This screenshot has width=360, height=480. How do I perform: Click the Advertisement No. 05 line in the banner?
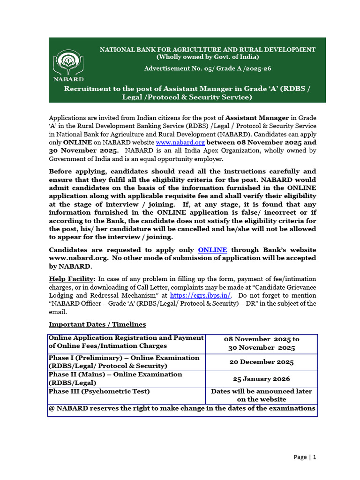click(207, 68)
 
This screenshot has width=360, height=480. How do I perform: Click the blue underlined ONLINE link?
click(212, 250)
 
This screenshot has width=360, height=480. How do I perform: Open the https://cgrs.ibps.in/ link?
click(201, 295)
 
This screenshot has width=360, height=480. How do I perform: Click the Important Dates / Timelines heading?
click(97, 324)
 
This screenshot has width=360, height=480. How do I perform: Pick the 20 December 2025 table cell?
click(261, 362)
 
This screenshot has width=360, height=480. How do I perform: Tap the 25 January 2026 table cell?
click(261, 379)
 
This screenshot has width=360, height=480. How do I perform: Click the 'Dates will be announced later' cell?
click(261, 395)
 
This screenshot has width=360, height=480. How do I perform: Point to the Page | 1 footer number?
click(305, 457)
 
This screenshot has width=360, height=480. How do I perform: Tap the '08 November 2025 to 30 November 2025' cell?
click(261, 343)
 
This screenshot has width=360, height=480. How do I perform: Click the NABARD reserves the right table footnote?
click(182, 408)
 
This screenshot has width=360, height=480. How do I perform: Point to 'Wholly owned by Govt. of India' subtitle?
click(207, 57)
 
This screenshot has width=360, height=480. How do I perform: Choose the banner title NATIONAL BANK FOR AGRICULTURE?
click(207, 49)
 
